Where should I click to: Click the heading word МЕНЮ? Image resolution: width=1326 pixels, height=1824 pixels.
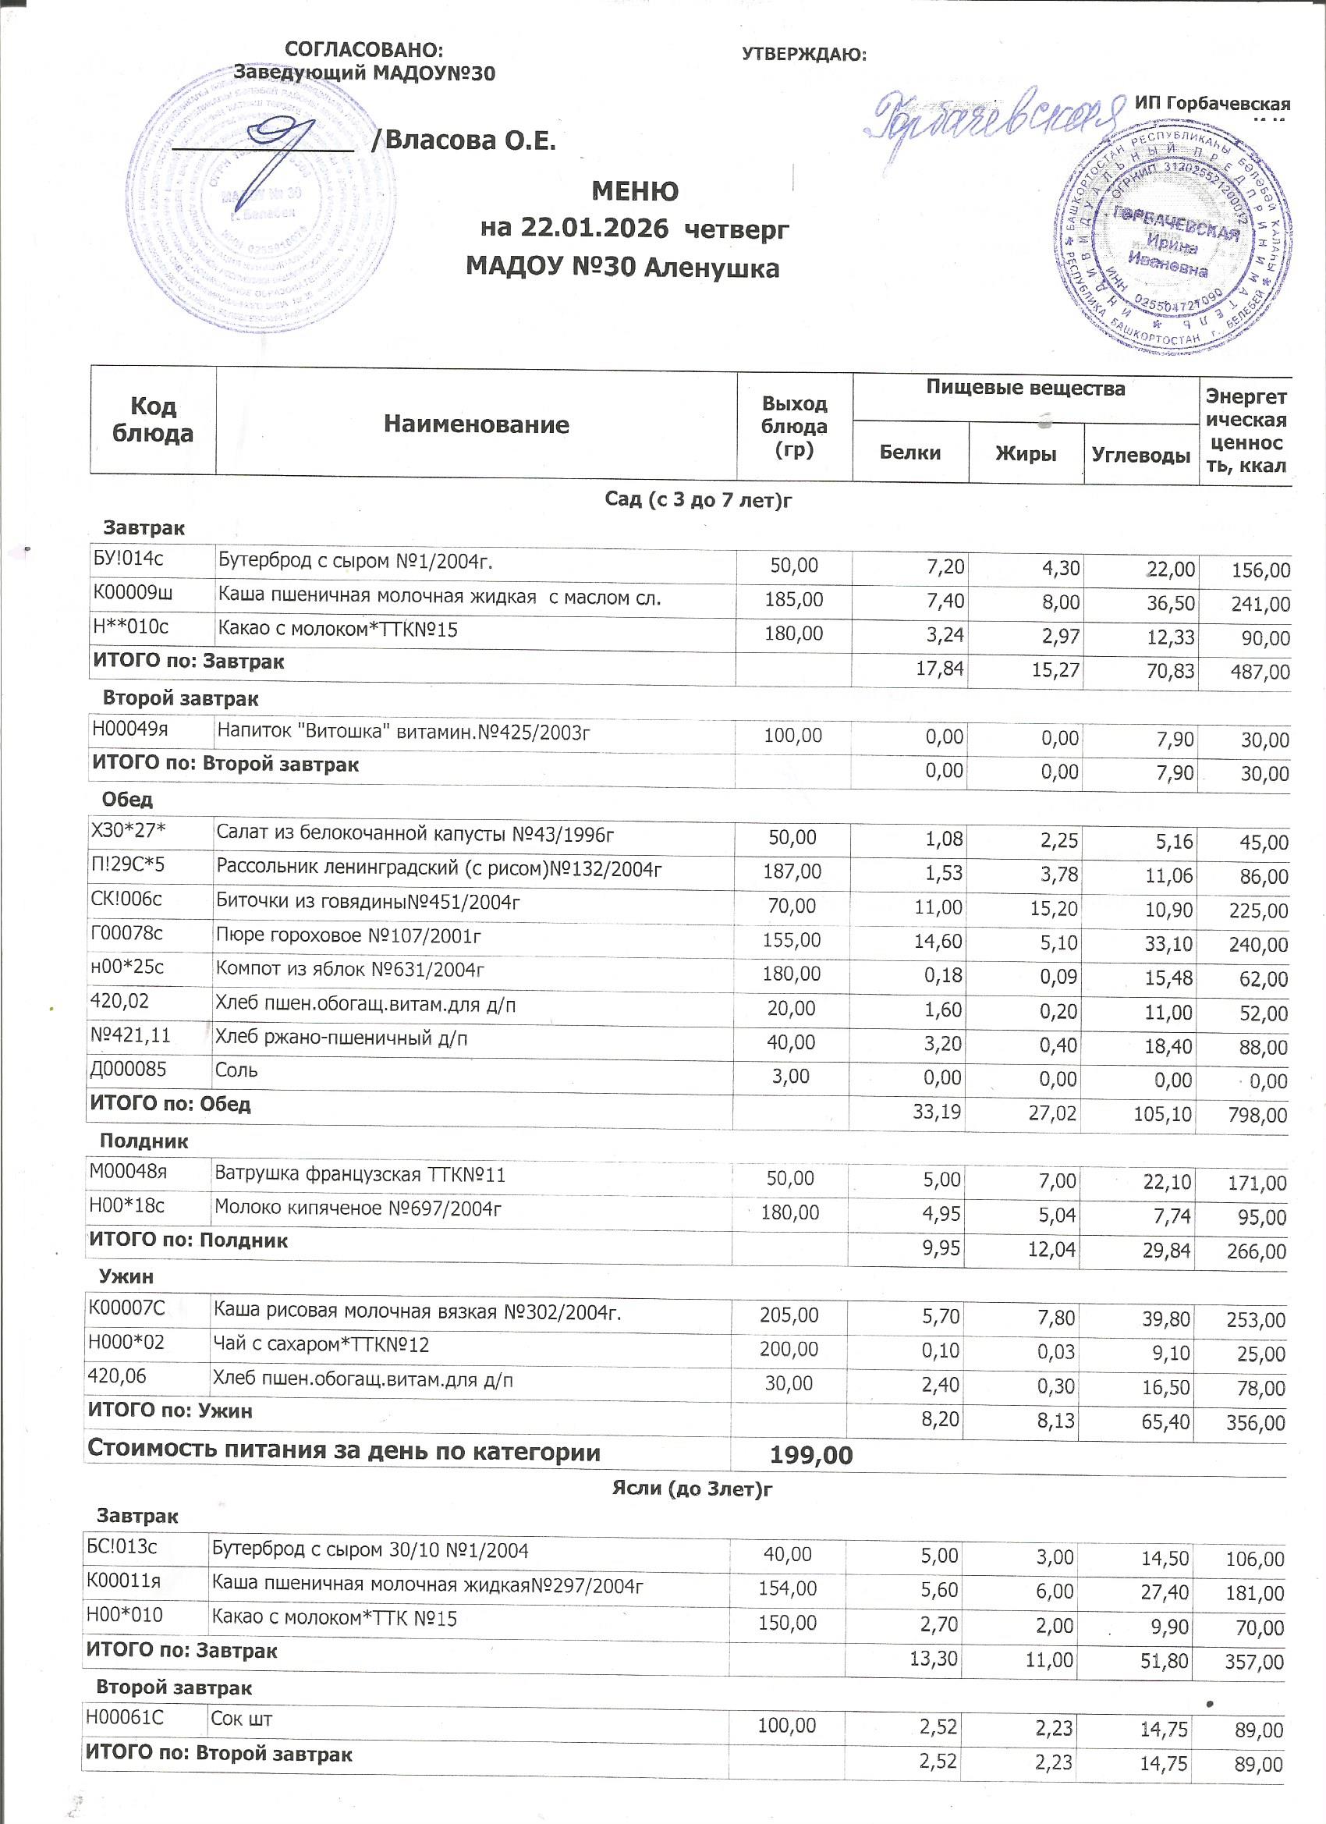(634, 191)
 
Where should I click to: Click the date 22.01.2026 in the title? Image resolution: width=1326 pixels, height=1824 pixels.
(594, 229)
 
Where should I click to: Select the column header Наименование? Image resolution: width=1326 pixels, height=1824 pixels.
(476, 424)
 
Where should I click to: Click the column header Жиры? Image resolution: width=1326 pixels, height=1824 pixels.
(1025, 453)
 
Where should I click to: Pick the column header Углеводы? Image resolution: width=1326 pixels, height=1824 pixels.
(1140, 455)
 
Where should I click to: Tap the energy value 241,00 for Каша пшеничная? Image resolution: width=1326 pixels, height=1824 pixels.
(1260, 604)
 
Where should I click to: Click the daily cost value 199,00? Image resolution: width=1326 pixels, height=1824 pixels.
(810, 1455)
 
